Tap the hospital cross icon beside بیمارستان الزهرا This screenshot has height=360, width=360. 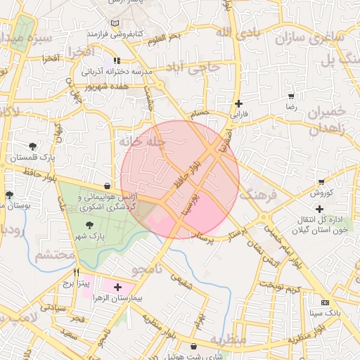(117, 287)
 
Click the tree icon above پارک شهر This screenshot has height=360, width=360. (89, 224)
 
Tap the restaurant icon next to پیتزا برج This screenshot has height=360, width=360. (76, 271)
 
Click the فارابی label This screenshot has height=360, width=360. (240, 113)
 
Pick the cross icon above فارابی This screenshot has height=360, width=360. (239, 103)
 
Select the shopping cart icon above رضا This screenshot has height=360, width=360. (290, 96)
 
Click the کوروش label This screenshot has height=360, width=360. (321, 193)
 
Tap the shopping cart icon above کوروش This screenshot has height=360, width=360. (321, 181)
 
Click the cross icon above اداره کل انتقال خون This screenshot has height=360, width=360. (320, 209)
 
